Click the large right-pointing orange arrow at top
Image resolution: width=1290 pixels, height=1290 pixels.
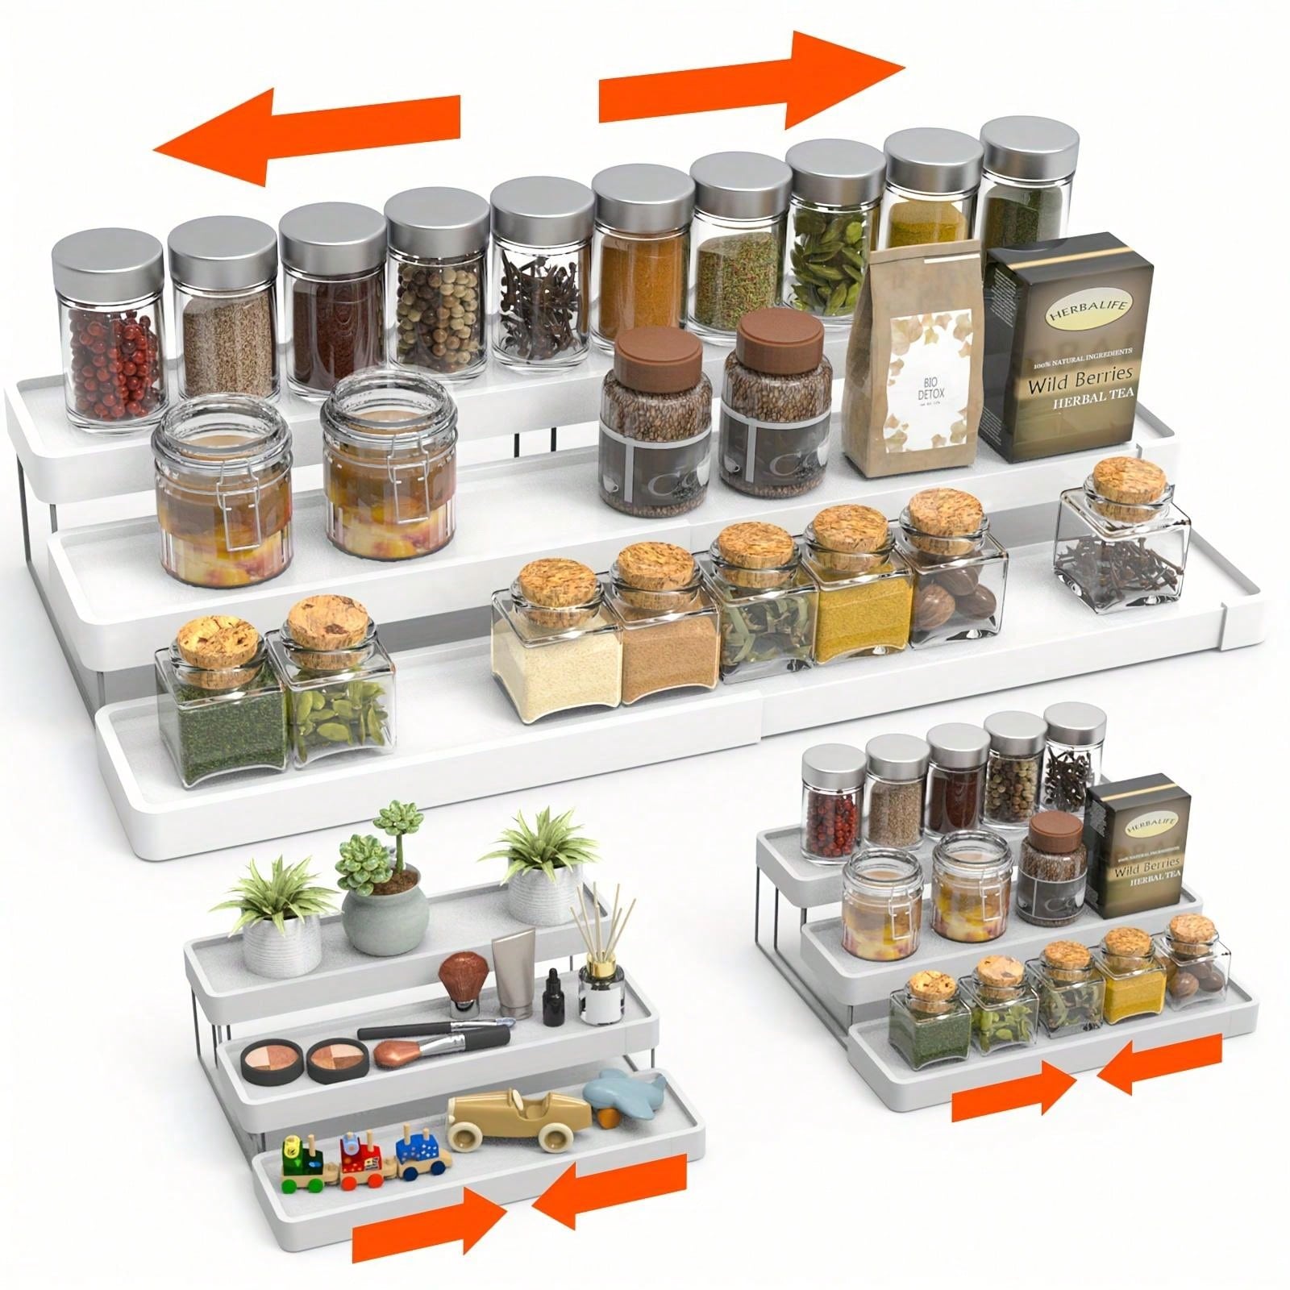tap(750, 81)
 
